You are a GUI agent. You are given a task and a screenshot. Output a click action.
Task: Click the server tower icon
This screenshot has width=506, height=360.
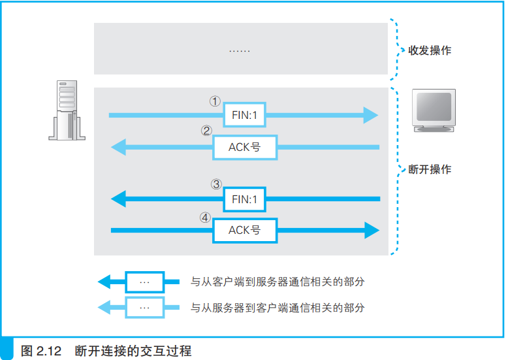pos(65,110)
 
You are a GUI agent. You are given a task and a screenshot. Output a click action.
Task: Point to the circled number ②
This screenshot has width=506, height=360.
pos(206,131)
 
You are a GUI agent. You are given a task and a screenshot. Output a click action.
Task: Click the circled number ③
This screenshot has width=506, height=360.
pos(216,185)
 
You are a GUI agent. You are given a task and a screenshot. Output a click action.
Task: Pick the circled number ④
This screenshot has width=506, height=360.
pos(206,216)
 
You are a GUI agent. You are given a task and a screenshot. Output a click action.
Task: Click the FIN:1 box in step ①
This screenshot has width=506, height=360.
pos(244,116)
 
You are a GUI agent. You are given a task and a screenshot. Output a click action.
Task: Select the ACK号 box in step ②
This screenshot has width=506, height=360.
pos(245,148)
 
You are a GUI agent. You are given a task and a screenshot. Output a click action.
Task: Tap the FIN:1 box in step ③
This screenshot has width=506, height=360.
pos(244,199)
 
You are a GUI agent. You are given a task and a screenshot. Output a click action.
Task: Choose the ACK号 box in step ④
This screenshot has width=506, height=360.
pos(245,230)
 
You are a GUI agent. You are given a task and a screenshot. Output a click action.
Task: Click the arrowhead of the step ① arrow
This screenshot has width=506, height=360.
pos(371,116)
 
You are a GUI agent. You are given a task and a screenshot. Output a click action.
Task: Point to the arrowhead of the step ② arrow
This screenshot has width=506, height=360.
pos(119,148)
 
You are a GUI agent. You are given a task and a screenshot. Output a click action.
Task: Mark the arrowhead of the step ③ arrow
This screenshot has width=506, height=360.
pos(119,199)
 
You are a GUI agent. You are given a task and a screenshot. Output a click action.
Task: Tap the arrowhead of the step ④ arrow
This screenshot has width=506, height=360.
pos(371,230)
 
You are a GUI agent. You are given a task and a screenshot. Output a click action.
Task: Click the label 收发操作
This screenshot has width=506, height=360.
pos(429,50)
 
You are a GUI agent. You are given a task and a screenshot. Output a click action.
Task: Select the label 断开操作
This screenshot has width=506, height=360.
pos(429,169)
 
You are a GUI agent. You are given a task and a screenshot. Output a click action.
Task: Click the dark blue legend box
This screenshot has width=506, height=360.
pos(144,282)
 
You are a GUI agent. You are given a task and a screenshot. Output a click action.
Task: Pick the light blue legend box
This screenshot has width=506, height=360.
pos(144,307)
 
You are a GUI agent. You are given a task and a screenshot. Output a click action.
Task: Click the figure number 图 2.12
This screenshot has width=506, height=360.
pos(41,351)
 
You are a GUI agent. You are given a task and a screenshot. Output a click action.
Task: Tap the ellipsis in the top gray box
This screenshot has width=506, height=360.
pos(240,50)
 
